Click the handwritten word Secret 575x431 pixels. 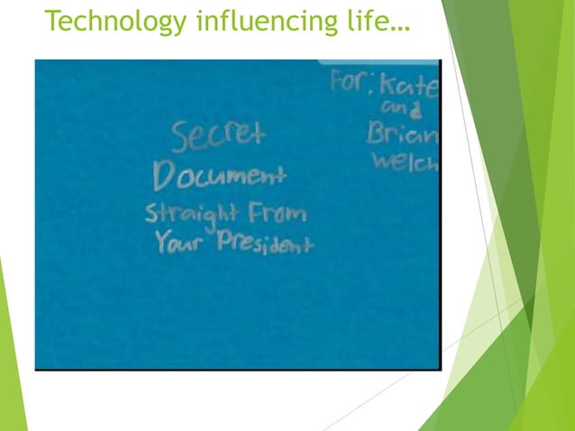click(219, 136)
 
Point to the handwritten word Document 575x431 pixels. click(219, 175)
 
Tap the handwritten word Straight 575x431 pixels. click(188, 215)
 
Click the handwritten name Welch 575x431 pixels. click(403, 162)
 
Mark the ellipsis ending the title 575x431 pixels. click(397, 26)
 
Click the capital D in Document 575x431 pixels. click(164, 177)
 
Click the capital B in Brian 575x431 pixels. click(375, 133)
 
